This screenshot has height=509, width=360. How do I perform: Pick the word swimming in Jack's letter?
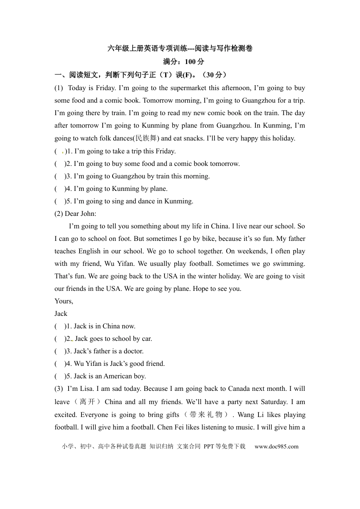(289, 264)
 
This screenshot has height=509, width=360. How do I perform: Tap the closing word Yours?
(64, 301)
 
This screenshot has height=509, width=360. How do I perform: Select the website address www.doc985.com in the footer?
(276, 447)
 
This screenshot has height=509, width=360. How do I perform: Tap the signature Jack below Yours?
(61, 314)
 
